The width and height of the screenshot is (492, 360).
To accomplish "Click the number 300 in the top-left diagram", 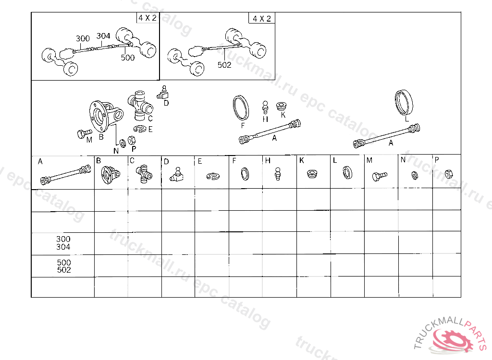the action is [x=83, y=39].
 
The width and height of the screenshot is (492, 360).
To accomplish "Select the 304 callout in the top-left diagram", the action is [x=103, y=36].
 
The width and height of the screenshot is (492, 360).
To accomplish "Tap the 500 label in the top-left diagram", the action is [x=128, y=58].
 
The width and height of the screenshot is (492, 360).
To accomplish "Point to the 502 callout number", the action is [x=224, y=65].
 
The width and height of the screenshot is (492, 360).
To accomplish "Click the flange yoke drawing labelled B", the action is [x=103, y=115].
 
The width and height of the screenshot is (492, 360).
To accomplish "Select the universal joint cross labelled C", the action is [x=140, y=103].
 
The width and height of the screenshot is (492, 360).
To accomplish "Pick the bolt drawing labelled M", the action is [x=84, y=133].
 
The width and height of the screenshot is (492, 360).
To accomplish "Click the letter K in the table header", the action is [x=301, y=161].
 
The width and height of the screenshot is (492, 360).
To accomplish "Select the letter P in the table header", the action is [x=437, y=160].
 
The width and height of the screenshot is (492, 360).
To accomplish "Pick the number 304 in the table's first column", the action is [x=63, y=247].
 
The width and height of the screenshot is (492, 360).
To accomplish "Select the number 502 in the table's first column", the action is [x=64, y=270].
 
